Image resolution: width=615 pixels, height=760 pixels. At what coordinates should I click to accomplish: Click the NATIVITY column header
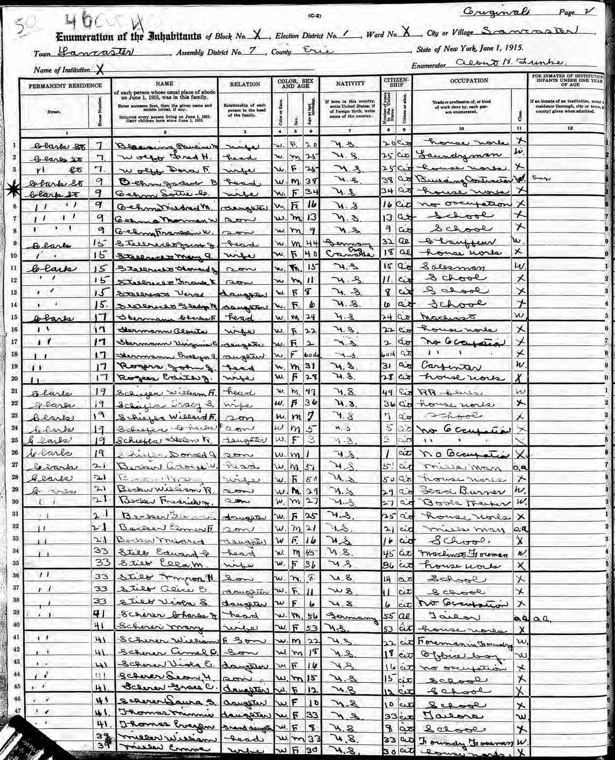[350, 83]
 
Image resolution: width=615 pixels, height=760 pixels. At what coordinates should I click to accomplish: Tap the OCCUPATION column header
[469, 81]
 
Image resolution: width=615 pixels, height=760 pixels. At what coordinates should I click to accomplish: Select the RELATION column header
[245, 84]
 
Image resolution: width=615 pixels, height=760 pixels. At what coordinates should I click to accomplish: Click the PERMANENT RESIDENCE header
[65, 85]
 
